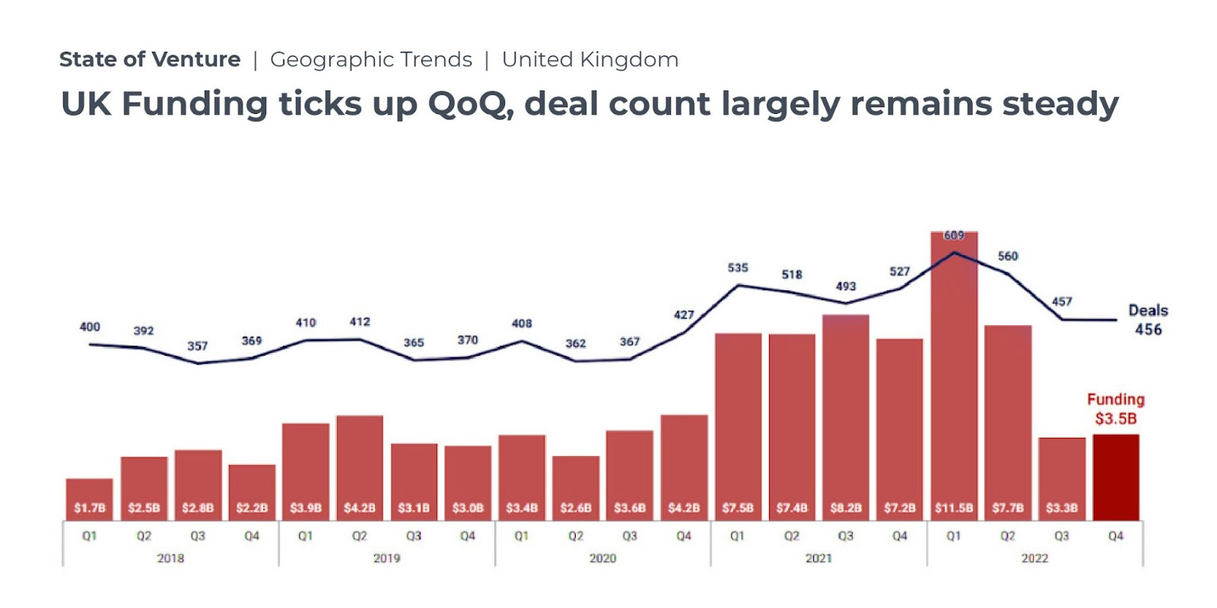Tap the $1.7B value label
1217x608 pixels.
(90, 508)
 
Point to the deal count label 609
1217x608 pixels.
(954, 236)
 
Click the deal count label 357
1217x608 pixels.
(198, 346)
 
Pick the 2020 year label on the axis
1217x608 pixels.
(602, 559)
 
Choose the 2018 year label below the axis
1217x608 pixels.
(170, 559)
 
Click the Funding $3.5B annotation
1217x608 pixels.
(1116, 409)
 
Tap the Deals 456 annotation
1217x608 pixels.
(1148, 320)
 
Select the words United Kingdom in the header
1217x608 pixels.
(590, 59)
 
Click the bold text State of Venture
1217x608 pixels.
(150, 59)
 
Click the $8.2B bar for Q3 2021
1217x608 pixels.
(846, 410)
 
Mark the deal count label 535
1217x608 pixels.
(738, 268)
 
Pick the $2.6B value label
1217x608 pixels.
(576, 508)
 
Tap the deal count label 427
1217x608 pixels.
(684, 315)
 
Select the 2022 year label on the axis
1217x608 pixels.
(1034, 559)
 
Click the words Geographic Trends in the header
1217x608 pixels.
(371, 59)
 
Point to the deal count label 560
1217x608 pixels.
(1008, 256)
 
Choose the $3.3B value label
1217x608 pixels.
(1062, 508)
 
